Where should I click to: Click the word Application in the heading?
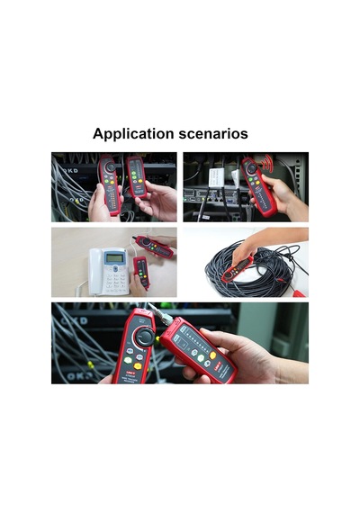[x=133, y=134]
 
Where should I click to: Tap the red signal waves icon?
[x=268, y=162]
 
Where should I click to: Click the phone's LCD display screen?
[x=114, y=258]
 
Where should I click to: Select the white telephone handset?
[x=95, y=272]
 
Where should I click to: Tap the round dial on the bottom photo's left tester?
[x=145, y=337]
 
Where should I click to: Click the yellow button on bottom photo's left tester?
[x=138, y=366]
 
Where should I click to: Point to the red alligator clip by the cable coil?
[x=299, y=292]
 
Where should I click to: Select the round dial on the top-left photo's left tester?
[x=111, y=166]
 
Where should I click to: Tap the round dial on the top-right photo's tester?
[x=252, y=168]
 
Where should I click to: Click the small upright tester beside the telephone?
[x=141, y=272]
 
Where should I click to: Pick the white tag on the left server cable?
[x=216, y=178]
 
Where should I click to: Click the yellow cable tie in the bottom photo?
[x=90, y=364]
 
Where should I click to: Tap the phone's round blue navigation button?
[x=115, y=268]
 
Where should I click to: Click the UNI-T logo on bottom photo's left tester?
[x=131, y=373]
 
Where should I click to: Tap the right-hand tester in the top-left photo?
[x=137, y=177]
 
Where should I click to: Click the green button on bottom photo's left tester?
[x=128, y=360]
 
